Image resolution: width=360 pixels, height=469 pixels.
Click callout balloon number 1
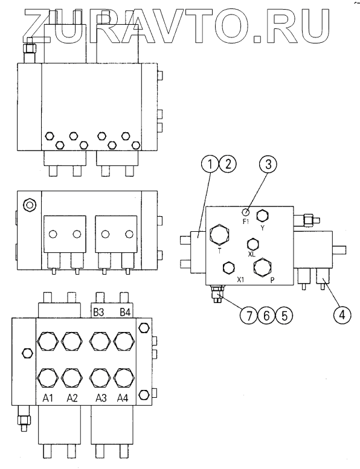click(x=210, y=164)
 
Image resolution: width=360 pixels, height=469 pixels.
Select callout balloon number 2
click(x=228, y=164)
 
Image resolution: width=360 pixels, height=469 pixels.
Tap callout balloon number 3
click(x=268, y=164)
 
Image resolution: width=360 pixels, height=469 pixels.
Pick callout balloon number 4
click(x=342, y=314)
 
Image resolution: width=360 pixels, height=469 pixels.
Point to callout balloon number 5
click(x=284, y=315)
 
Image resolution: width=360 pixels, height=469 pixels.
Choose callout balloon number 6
click(x=266, y=315)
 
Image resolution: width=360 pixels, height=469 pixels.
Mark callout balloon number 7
click(x=249, y=315)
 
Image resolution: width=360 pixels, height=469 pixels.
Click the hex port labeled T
click(x=219, y=235)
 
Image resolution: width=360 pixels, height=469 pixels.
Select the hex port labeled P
click(x=262, y=267)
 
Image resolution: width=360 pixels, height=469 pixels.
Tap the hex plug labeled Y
click(x=262, y=216)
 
